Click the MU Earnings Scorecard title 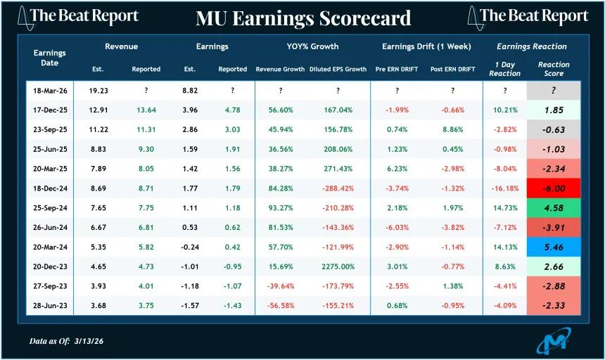pos(303,17)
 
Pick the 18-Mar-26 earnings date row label pos(49,91)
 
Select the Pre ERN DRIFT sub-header pos(397,69)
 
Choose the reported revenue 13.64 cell pos(146,110)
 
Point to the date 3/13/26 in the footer pos(98,341)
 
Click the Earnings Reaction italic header pos(531,46)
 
